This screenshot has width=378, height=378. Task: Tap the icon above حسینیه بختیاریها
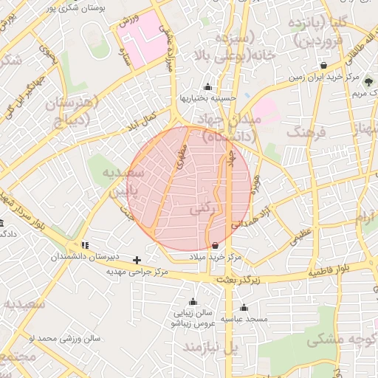pos(207,86)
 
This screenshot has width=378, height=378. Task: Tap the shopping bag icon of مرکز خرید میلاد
pos(215,245)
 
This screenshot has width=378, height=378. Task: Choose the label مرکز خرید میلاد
pos(215,256)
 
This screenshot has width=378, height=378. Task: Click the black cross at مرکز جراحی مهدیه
pos(137,260)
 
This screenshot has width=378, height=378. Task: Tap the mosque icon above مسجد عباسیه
pos(244,307)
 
